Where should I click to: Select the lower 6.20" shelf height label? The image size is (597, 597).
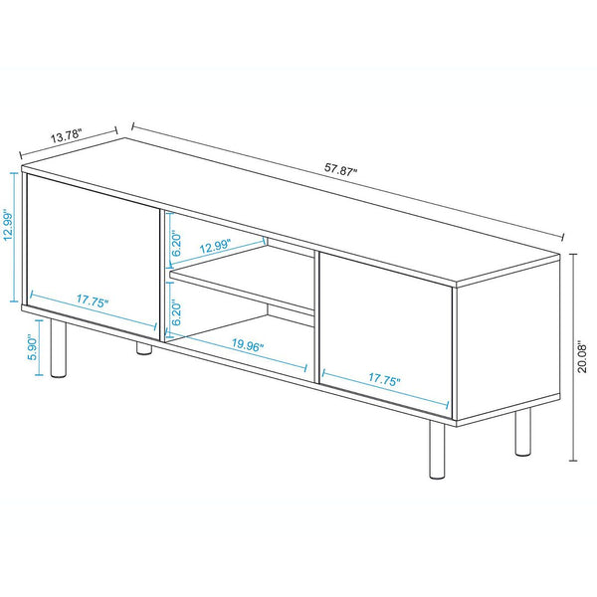(175, 308)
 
